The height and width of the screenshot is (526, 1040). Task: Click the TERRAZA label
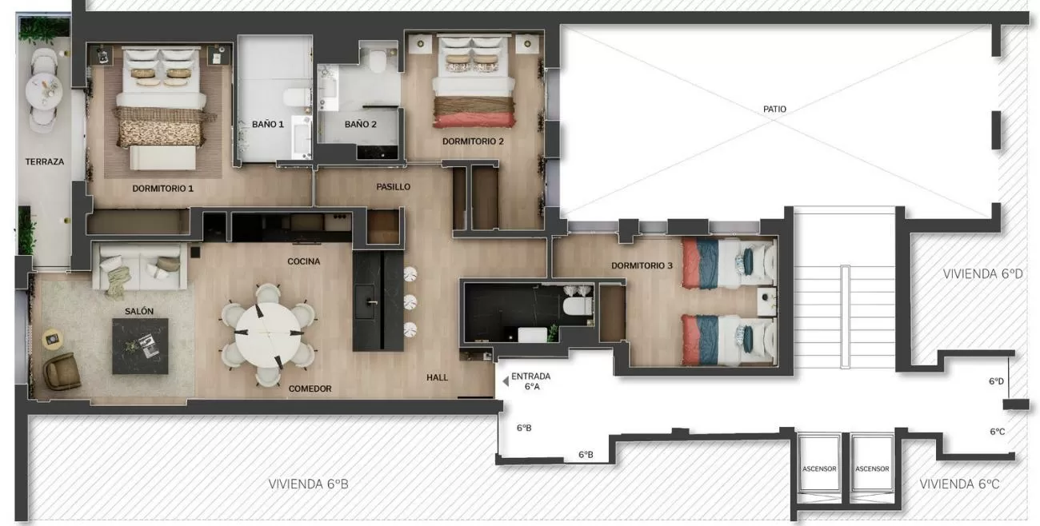45,162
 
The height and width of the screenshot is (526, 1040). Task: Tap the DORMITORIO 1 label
162,189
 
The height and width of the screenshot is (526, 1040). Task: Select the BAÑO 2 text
360,125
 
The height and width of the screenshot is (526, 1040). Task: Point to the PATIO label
774,109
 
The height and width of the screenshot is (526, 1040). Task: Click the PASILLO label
394,187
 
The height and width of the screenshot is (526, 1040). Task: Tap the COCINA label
304,261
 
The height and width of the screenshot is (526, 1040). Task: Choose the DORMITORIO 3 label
642,265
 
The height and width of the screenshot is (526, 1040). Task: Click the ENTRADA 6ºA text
531,381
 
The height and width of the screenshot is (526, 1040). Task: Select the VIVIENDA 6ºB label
308,484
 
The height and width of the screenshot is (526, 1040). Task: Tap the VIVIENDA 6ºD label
982,274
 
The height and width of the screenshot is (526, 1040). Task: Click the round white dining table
268,335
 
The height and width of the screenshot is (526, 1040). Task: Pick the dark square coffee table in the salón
140,346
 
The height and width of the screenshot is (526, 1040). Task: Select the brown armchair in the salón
62,371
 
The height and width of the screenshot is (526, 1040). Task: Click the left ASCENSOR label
819,469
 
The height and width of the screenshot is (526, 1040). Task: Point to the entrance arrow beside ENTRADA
505,382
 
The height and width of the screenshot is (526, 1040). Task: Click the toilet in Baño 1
296,98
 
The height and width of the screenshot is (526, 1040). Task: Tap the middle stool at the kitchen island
410,302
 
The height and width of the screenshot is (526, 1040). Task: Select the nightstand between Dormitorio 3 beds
767,302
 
